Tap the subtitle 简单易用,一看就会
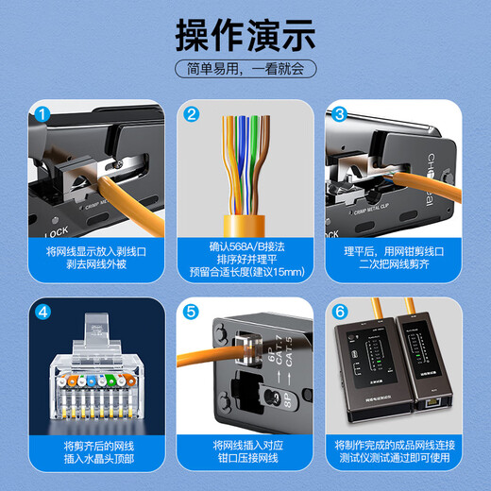(x=245, y=70)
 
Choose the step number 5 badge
(x=191, y=312)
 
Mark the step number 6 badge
(x=339, y=312)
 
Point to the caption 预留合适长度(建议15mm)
(x=245, y=275)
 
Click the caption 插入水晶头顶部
(x=95, y=460)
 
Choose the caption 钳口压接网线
(x=245, y=460)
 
